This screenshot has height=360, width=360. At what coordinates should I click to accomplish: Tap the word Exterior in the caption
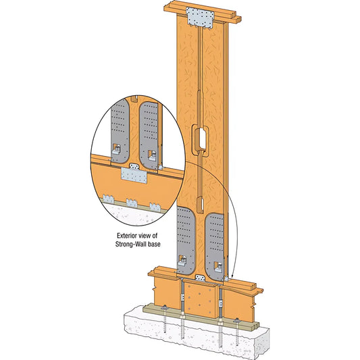126,235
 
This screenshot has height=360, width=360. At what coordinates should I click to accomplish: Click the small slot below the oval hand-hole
201,203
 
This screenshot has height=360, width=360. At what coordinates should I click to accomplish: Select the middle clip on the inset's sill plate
131,201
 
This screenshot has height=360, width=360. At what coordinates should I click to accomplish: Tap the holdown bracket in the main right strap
217,266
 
